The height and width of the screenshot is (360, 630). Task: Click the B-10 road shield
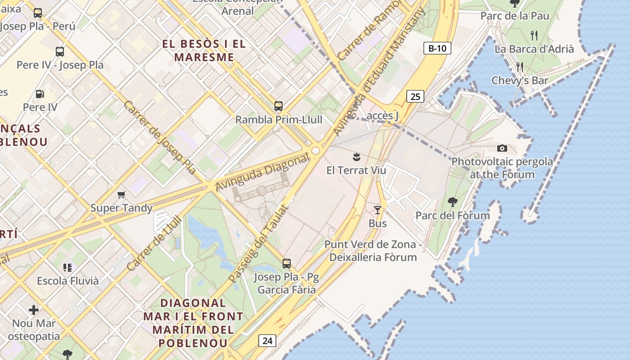coord(437,48)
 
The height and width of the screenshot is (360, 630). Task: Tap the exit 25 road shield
coord(415,96)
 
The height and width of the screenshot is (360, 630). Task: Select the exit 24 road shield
coord(267,341)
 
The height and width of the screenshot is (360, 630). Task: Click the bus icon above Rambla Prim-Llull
coord(279,106)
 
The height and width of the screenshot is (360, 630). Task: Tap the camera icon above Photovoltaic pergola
coord(502,148)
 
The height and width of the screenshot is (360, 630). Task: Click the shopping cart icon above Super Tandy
coord(121,195)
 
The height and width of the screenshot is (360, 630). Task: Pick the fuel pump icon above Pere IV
coord(40,94)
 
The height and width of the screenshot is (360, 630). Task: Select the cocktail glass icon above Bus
coord(378,210)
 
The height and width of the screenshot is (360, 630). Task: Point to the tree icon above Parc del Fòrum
coord(453,202)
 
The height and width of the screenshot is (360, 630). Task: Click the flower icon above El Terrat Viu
coord(356,157)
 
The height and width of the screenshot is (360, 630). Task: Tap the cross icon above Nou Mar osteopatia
coord(34,310)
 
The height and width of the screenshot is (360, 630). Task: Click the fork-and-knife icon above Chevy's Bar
coord(520,67)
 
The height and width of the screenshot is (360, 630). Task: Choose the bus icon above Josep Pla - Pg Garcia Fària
coord(287,264)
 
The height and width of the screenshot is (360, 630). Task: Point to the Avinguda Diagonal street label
coord(263,172)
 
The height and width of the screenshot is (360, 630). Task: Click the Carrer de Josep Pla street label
coord(160,137)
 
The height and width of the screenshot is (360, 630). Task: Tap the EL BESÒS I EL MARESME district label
coord(204,50)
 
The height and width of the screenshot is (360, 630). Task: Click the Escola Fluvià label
coord(67,281)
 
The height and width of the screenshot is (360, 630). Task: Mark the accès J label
coord(383,116)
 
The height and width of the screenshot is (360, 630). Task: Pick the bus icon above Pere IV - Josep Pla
coord(60,51)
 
